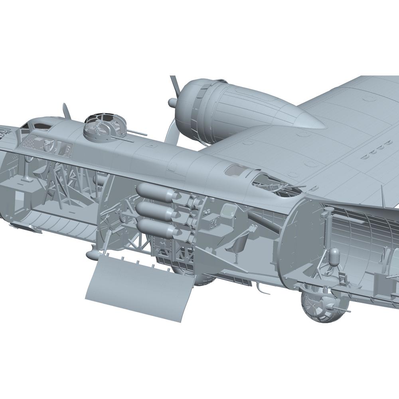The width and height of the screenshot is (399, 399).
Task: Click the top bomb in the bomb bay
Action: [154, 192]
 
